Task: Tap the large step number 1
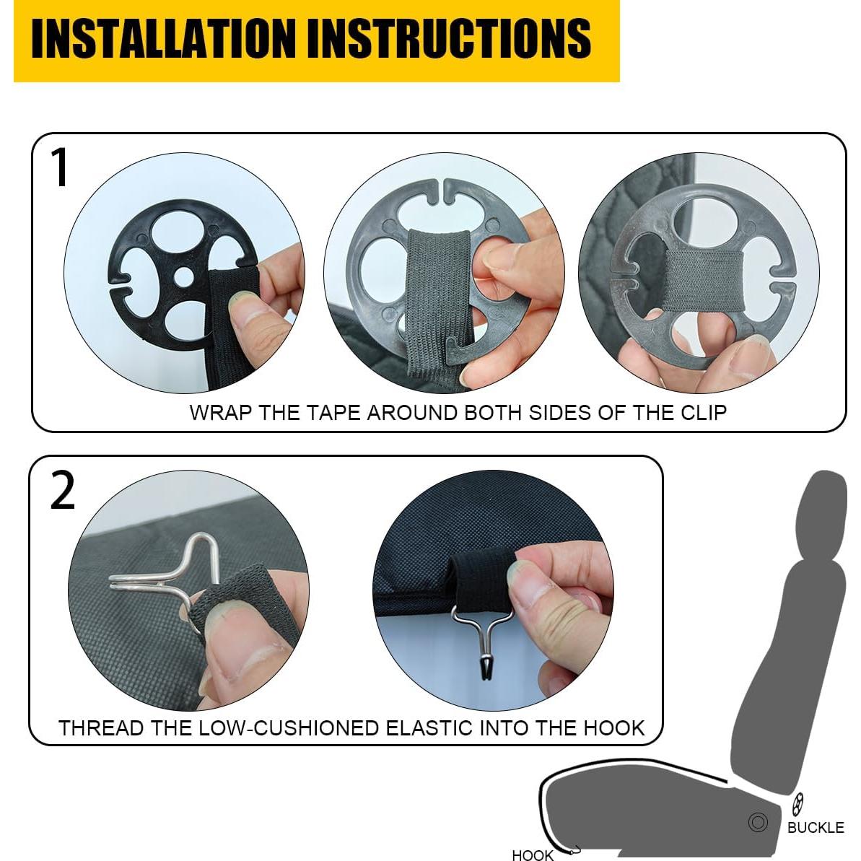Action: tap(58, 167)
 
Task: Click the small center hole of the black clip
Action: tap(185, 276)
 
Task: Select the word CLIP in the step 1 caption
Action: tap(704, 412)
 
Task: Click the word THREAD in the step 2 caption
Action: tap(102, 728)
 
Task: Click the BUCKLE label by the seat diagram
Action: tap(816, 828)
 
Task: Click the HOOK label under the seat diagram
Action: tap(532, 855)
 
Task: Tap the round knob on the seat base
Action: tap(758, 822)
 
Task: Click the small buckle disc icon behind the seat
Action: tap(797, 803)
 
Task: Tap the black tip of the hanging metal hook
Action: tap(486, 669)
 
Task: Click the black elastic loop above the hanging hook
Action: tap(481, 581)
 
